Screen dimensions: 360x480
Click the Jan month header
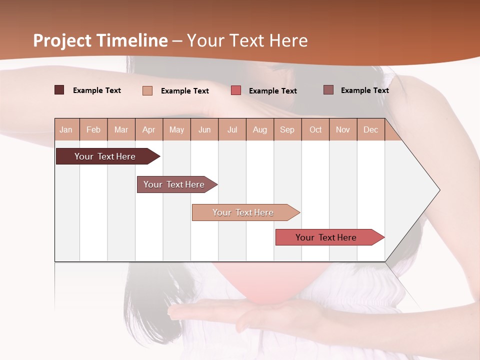66,129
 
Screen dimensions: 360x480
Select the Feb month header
93,129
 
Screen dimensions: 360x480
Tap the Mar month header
121,129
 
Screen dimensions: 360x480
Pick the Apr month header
149,129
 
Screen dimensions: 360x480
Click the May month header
176,129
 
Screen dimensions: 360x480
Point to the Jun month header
204,129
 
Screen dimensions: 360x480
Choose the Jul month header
232,129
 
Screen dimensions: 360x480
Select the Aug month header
260,129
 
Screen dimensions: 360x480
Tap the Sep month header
287,129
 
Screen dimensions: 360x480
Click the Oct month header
315,129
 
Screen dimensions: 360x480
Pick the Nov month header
343,129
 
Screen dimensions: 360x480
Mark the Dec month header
371,129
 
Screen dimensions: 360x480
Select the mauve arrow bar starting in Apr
174,184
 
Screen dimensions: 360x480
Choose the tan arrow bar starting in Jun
243,212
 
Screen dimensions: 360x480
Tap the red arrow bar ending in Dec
326,237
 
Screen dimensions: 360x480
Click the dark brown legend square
59,90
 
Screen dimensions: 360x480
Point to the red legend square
236,90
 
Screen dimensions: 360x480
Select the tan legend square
147,90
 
